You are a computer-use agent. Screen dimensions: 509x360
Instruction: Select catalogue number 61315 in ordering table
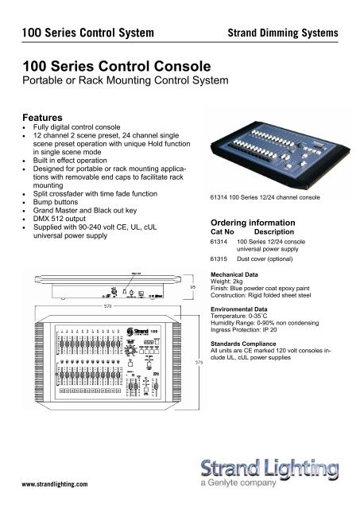click(218, 258)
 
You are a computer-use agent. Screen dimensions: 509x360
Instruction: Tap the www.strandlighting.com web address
click(55, 482)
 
